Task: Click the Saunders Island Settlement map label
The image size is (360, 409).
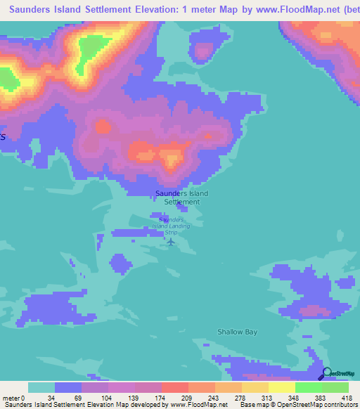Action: coord(182,197)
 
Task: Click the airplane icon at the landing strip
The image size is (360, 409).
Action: coord(170,242)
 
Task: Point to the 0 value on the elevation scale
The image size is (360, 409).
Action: coord(22,398)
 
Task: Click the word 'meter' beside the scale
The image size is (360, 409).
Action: coord(10,398)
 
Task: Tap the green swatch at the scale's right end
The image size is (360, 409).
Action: coord(335,387)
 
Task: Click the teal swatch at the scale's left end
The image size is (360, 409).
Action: coord(41,387)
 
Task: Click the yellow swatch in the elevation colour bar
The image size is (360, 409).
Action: coord(282,387)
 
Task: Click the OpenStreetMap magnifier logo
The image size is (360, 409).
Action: coord(327,375)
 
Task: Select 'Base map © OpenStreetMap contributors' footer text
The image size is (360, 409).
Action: coord(297,405)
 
